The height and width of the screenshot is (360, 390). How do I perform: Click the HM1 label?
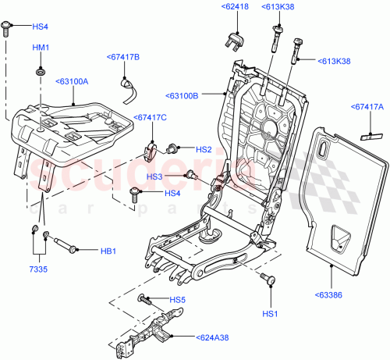click(x=41, y=48)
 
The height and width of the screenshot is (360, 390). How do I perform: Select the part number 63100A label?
click(x=72, y=80)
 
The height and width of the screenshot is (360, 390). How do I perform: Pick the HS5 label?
click(x=178, y=300)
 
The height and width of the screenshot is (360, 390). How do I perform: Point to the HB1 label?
click(x=108, y=251)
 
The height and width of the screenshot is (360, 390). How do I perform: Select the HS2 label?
click(x=204, y=149)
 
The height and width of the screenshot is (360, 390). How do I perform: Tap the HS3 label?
click(x=174, y=176)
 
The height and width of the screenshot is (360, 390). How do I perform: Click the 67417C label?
click(x=150, y=118)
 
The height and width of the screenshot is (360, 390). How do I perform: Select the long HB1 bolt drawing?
click(x=60, y=244)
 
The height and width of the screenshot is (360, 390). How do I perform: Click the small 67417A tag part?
click(x=366, y=134)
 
